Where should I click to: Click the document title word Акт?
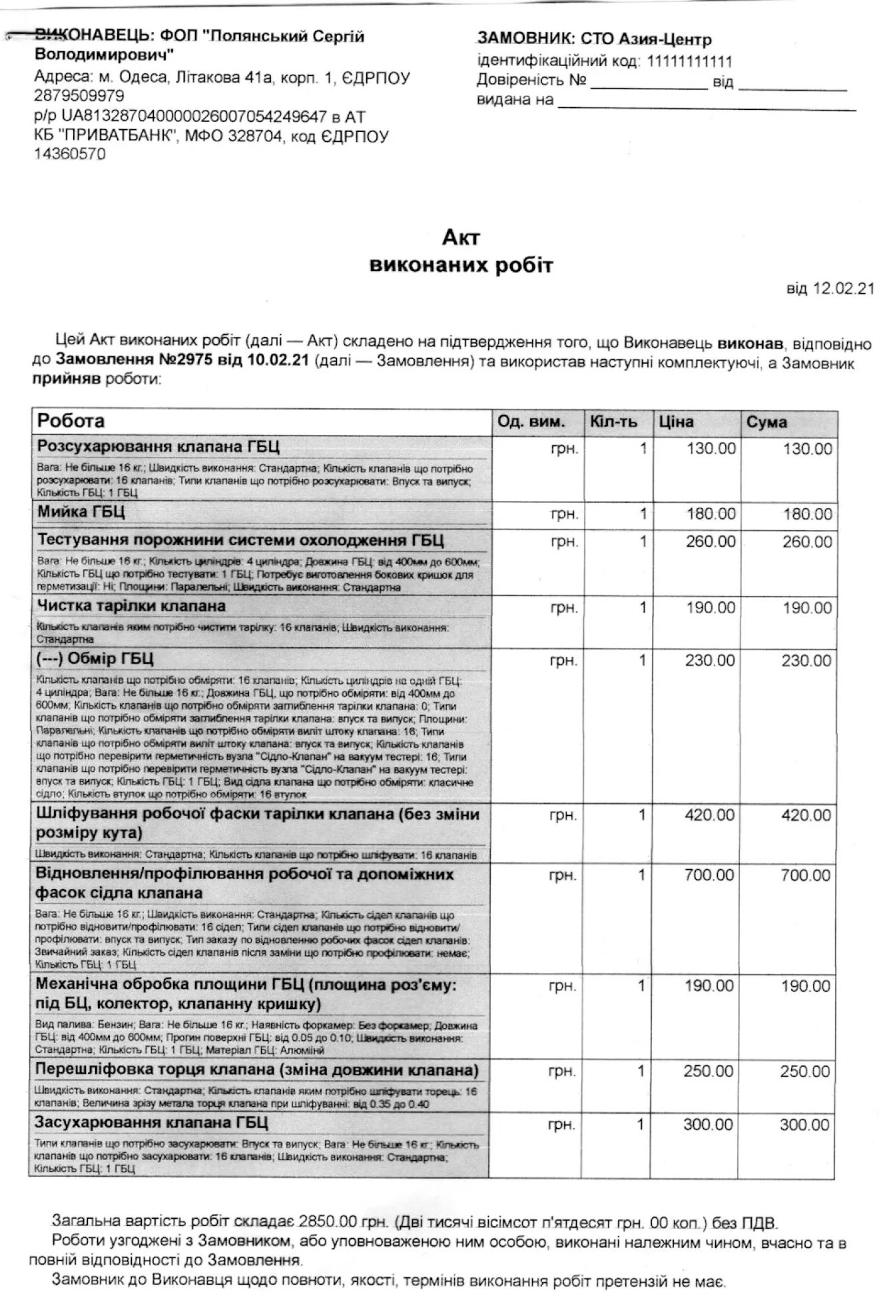[461, 238]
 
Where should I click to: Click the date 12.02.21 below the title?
[844, 288]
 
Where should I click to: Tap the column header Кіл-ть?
[613, 422]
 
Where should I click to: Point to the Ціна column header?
[676, 422]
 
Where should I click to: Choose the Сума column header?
[766, 422]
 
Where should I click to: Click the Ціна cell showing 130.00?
[711, 448]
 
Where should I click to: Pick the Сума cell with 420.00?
[806, 815]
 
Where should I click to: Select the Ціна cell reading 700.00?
[709, 875]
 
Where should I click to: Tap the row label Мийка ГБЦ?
[81, 512]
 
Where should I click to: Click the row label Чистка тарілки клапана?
[131, 606]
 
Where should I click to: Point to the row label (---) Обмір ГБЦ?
[95, 659]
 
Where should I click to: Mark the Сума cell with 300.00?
[804, 1125]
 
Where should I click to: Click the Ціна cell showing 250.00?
[708, 1072]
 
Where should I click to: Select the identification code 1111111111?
[689, 62]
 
